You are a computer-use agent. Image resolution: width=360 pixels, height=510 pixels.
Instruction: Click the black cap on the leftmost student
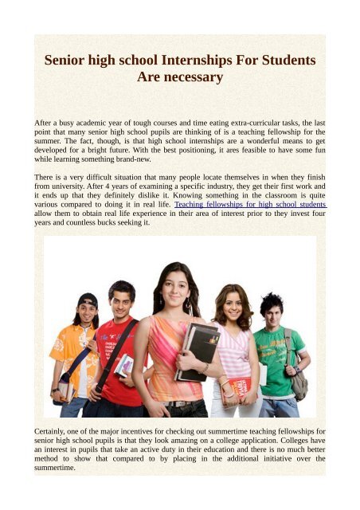[88, 300]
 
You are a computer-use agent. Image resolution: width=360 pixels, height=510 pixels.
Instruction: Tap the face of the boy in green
[272, 312]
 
